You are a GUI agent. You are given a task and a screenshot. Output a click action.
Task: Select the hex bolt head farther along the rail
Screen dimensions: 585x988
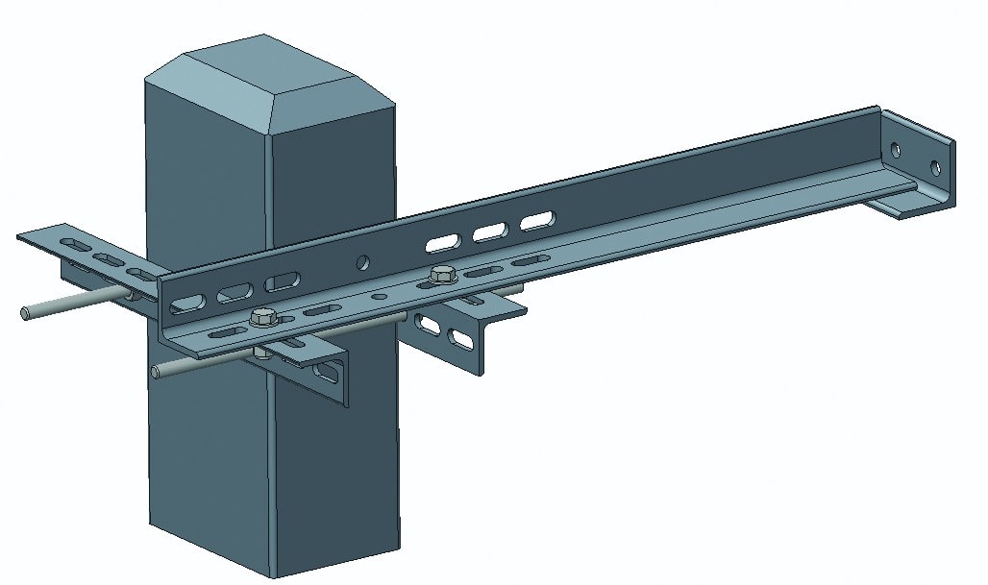(x=442, y=274)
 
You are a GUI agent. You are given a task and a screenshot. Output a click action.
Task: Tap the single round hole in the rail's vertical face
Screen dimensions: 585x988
(x=362, y=260)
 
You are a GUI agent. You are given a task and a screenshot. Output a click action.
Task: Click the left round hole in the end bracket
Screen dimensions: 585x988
(x=896, y=151)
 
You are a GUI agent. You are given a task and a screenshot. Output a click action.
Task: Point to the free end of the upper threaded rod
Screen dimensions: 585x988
(x=24, y=311)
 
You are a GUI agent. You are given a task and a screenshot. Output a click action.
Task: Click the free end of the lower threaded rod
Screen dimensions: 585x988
(x=157, y=372)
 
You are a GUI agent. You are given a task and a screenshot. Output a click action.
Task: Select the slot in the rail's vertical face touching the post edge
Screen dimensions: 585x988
(x=282, y=282)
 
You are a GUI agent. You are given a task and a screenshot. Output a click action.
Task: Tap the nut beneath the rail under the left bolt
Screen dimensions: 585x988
(x=260, y=353)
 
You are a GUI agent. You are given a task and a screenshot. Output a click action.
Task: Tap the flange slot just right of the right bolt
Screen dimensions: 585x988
(x=524, y=260)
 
